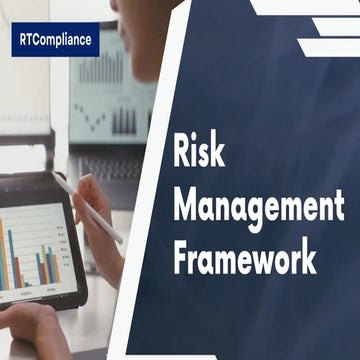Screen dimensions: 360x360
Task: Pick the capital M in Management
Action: (x=187, y=206)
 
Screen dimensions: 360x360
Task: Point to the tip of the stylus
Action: (x=121, y=240)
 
